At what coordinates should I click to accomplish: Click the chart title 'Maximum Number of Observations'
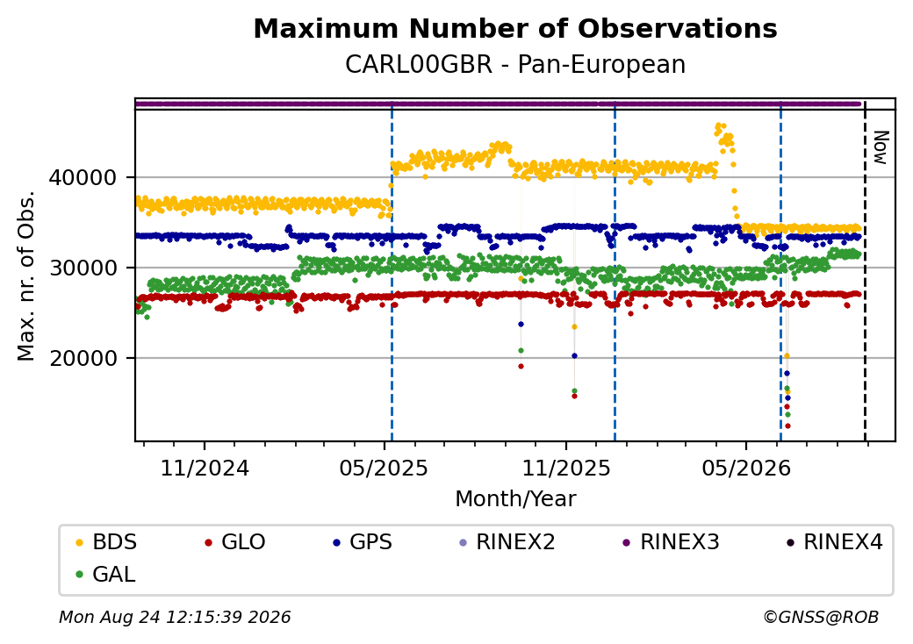click(515, 28)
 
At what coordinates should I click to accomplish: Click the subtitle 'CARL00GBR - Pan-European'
click(515, 64)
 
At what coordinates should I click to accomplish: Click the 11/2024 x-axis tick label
click(205, 468)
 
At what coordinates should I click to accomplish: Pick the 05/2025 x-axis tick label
click(384, 468)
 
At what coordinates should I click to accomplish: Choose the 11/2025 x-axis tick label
click(566, 468)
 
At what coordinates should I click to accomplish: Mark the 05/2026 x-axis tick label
click(746, 468)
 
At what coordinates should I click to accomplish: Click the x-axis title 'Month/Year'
click(515, 498)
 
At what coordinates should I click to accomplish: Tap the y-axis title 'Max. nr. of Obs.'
click(26, 275)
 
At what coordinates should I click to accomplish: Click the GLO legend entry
click(235, 542)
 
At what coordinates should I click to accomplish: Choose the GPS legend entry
click(363, 542)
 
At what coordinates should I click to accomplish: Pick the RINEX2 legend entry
click(507, 542)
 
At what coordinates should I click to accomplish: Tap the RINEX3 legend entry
click(672, 542)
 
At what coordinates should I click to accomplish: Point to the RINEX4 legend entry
click(834, 542)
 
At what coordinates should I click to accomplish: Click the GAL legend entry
click(106, 574)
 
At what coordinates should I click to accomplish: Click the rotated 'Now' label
click(881, 147)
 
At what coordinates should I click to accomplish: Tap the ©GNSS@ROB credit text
click(821, 617)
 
